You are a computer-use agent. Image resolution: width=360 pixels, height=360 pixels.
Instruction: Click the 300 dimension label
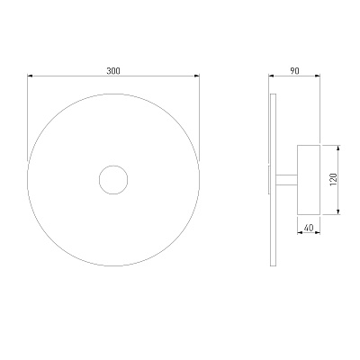point(113,71)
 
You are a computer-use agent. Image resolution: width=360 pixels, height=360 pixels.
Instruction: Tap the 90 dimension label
point(294,71)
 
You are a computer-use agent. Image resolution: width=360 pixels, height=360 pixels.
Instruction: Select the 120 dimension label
point(334,180)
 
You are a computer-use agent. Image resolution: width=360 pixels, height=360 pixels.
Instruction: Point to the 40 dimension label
point(309,228)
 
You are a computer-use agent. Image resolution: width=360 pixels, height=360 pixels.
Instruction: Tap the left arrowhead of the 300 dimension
point(30,76)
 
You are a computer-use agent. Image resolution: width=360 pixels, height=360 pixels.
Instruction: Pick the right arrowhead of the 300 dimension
point(197,76)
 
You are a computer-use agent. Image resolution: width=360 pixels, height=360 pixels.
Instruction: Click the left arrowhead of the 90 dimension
point(271,76)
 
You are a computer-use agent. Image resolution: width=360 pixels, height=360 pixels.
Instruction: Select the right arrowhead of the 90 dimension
point(318,76)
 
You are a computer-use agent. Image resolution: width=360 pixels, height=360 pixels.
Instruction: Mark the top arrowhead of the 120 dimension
point(338,148)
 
